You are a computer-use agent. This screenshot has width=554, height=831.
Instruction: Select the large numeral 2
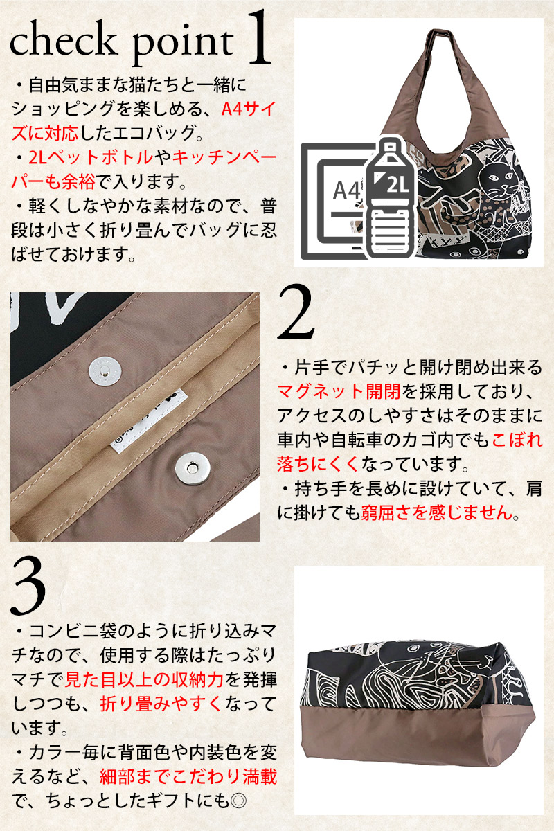pyautogui.click(x=296, y=312)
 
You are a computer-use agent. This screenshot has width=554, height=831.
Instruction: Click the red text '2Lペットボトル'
pyautogui.click(x=91, y=158)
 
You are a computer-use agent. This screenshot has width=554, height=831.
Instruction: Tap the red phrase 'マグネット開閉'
pyautogui.click(x=339, y=391)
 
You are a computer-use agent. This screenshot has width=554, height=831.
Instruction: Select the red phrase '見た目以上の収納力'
pyautogui.click(x=144, y=679)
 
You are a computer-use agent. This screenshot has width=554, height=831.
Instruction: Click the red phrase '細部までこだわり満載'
pyautogui.click(x=188, y=776)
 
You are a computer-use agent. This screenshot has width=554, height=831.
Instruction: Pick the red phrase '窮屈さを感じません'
pyautogui.click(x=437, y=513)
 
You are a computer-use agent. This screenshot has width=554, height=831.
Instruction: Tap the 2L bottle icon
pyautogui.click(x=391, y=199)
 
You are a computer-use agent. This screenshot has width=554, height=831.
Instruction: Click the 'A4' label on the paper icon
pyautogui.click(x=346, y=191)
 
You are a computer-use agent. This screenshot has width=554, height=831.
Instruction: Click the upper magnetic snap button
pyautogui.click(x=105, y=369)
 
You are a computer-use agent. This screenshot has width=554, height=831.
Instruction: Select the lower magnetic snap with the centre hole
pyautogui.click(x=193, y=469)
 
